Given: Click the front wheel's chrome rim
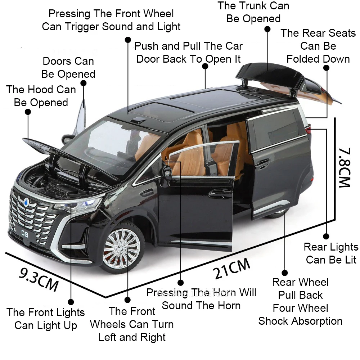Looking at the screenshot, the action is (x=121, y=247).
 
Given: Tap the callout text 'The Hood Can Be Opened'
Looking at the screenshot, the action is (x=41, y=96).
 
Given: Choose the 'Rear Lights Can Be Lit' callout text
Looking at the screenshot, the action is (x=331, y=253).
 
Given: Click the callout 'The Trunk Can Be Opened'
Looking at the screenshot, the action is (x=253, y=12).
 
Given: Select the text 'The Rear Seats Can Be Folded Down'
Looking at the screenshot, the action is (x=318, y=46).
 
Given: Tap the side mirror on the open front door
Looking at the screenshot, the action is (x=167, y=171).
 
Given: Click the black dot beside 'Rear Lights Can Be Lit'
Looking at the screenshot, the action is (x=326, y=236).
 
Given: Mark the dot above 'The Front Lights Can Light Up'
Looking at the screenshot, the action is (x=71, y=302).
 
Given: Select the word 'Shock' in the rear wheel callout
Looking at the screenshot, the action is (x=274, y=321).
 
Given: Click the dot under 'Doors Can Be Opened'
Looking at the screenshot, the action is (x=84, y=83).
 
